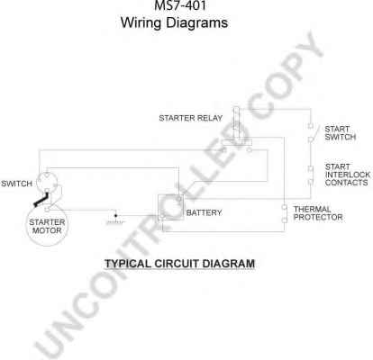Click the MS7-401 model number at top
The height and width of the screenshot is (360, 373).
[180, 5]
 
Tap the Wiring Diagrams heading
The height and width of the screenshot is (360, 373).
[174, 22]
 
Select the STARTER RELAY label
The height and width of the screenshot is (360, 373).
[191, 118]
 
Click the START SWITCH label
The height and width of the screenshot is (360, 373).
[341, 133]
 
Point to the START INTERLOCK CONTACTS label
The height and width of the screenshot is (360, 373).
[348, 175]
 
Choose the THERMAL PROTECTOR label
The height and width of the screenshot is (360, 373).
[318, 213]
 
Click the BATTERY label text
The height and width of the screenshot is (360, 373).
[204, 212]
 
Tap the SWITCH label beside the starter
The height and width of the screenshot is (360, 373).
[16, 184]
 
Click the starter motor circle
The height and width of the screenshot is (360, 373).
[47, 226]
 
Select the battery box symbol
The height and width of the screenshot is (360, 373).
[171, 207]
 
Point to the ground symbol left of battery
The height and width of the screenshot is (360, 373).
[115, 222]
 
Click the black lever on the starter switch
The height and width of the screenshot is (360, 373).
[41, 201]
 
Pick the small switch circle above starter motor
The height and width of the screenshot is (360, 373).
[47, 182]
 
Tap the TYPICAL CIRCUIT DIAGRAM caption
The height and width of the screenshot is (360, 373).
[180, 264]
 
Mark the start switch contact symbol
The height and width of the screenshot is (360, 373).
[312, 132]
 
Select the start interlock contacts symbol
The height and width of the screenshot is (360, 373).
[311, 175]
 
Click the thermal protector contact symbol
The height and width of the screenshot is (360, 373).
[284, 213]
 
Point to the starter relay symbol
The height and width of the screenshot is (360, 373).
[237, 130]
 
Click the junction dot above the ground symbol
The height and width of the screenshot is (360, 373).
[116, 215]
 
